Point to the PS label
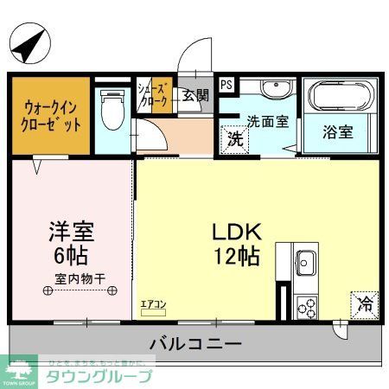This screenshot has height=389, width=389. [x=226, y=85]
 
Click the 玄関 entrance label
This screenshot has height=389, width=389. [x=194, y=96]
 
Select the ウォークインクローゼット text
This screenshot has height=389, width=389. [x=52, y=116]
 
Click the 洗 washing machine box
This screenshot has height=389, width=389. [x=233, y=138]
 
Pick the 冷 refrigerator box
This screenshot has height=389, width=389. [x=366, y=303]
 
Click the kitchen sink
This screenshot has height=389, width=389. [x=306, y=260]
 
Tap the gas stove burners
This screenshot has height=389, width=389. [x=307, y=305]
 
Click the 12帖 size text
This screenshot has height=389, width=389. [x=233, y=257]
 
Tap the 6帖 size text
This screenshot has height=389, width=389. [x=70, y=257]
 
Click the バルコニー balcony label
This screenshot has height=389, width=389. [x=194, y=343]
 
